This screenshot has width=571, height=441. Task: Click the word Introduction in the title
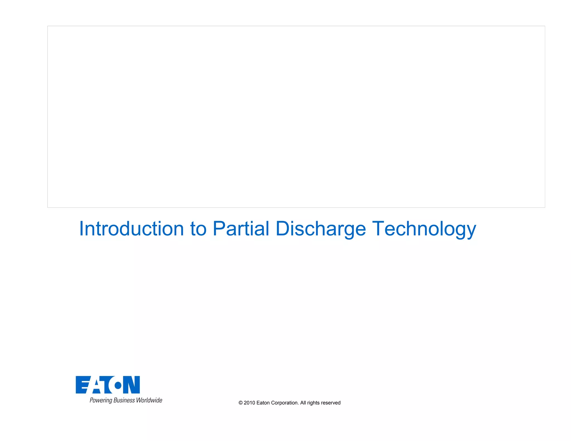[131, 229]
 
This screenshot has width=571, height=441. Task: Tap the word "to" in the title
[198, 229]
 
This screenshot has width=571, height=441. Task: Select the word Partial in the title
[241, 229]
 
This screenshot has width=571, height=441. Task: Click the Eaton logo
[108, 385]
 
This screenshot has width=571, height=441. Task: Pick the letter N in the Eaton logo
[132, 385]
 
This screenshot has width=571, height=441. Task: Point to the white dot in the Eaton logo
[118, 386]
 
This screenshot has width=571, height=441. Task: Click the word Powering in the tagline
[101, 401]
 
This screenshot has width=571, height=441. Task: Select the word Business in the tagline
[124, 400]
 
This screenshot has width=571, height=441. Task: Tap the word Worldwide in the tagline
[149, 400]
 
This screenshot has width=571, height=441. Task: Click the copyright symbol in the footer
[241, 403]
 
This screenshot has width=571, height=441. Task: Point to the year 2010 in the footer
[250, 403]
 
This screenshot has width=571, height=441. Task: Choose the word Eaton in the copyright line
[263, 403]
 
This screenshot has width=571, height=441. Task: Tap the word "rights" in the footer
[313, 403]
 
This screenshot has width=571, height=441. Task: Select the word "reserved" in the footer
[331, 403]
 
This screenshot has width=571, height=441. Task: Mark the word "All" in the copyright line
[303, 403]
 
